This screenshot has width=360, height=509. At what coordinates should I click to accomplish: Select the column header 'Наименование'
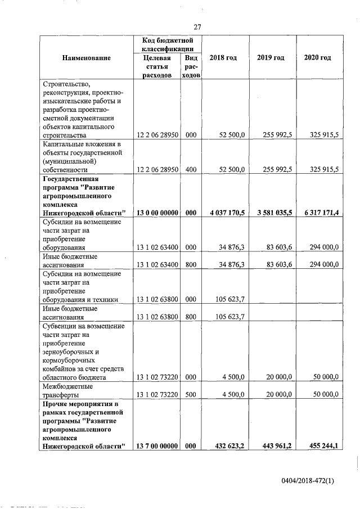(x=87, y=58)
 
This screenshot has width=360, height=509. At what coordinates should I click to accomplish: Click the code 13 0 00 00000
(x=157, y=213)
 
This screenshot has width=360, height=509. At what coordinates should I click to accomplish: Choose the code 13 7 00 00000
(x=157, y=446)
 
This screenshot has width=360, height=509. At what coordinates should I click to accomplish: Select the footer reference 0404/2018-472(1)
(x=308, y=481)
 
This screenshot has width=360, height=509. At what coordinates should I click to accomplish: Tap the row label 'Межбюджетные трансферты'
(x=68, y=390)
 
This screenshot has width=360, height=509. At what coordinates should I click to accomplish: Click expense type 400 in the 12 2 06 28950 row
(x=191, y=169)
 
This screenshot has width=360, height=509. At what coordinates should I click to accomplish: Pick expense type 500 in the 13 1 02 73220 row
(x=191, y=395)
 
